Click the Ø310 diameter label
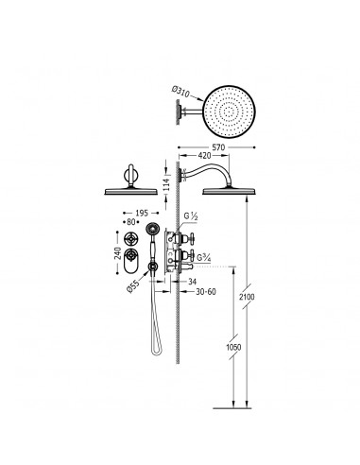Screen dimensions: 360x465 click(180, 92)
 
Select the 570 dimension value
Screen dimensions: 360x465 click(218, 147)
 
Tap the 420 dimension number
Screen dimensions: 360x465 click(204, 155)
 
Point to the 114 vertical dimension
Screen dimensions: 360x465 click(166, 185)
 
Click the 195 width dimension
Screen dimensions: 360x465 click(142, 214)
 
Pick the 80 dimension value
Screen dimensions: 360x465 click(131, 222)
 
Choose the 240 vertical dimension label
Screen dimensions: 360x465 click(117, 253)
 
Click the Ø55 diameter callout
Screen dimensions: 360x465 click(133, 286)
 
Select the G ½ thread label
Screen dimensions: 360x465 click(191, 216)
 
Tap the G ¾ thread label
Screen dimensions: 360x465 click(204, 258)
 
